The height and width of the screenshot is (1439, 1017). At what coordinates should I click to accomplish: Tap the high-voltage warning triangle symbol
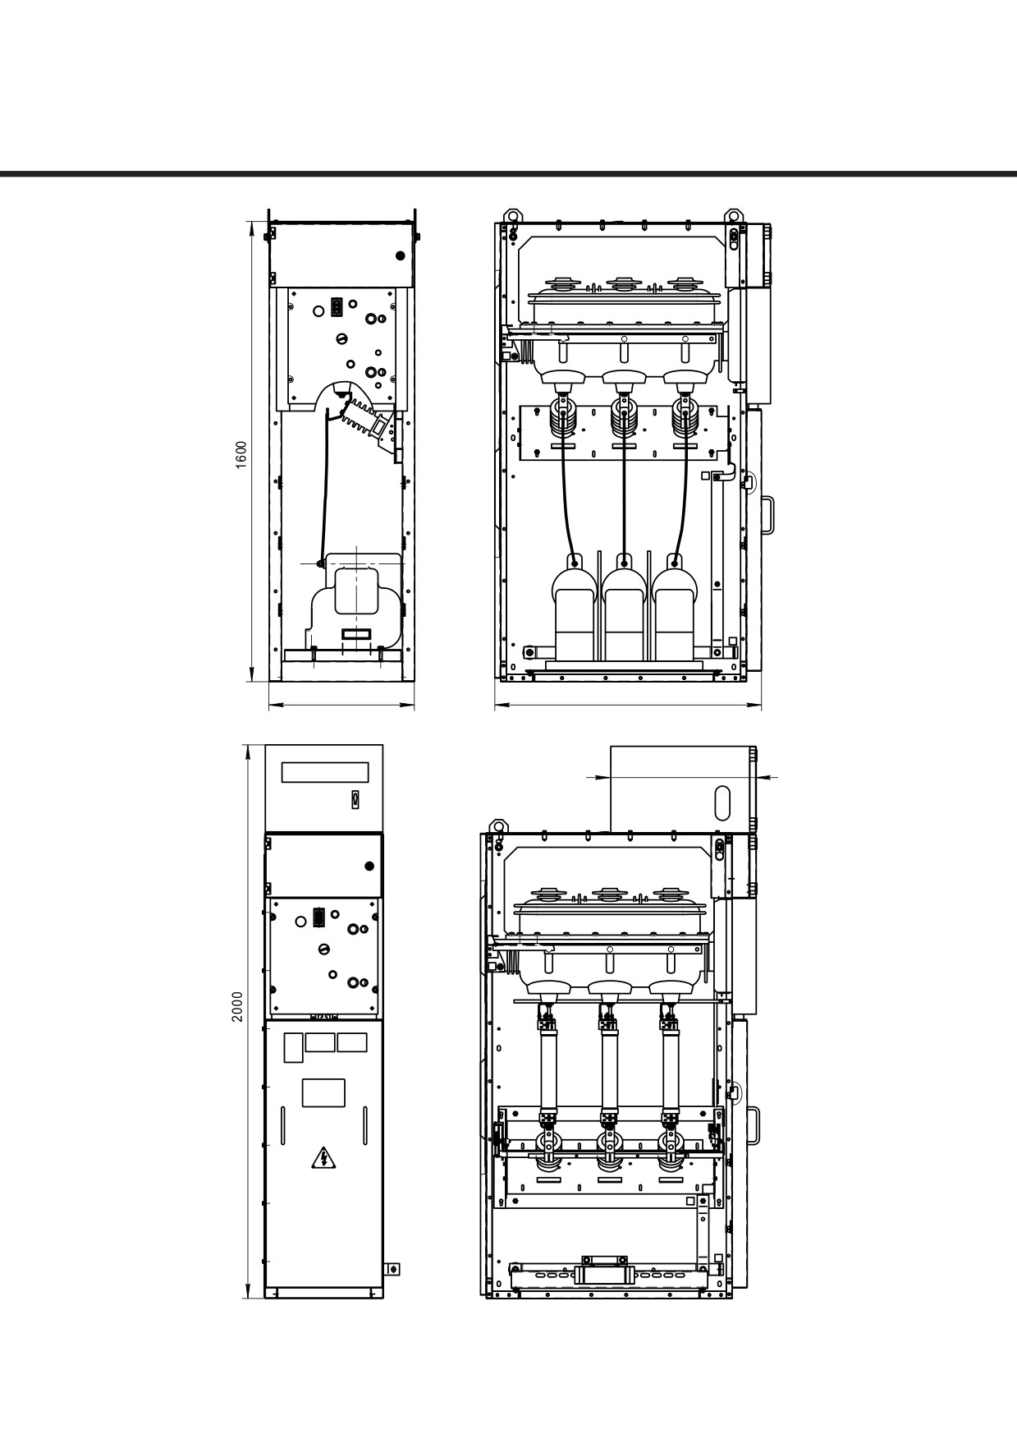coord(323,1159)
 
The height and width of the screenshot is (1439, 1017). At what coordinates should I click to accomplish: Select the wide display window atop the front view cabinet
coord(325,772)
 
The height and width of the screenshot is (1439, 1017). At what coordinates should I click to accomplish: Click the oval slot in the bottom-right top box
coord(722,801)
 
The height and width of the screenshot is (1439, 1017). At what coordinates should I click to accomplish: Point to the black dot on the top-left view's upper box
coord(401,255)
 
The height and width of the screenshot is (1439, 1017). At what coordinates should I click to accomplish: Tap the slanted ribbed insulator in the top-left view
coord(362,418)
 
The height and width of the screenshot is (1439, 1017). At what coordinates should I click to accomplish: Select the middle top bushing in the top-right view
coord(622,285)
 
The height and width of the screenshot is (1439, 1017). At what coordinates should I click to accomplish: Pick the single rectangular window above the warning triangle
coord(323,1092)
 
